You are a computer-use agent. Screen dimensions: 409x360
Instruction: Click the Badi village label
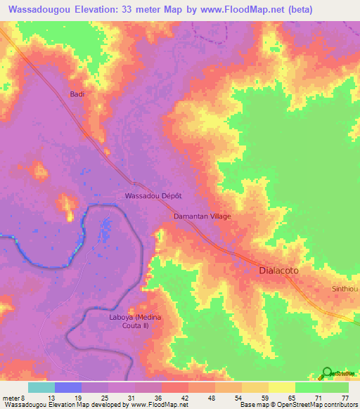click(77, 93)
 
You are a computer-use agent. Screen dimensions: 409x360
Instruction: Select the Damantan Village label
click(202, 216)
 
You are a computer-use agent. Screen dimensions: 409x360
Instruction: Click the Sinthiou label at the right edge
click(345, 289)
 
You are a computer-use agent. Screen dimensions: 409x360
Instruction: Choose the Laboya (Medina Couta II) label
click(135, 321)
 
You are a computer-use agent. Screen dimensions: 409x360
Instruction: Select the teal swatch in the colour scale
click(41, 387)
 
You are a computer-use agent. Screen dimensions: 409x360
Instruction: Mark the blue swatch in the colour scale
click(68, 387)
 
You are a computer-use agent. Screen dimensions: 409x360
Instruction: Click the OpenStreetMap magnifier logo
click(328, 373)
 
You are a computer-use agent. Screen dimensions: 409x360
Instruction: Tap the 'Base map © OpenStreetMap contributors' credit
click(297, 405)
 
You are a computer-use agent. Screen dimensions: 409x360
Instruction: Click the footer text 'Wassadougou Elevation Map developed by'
click(63, 405)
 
